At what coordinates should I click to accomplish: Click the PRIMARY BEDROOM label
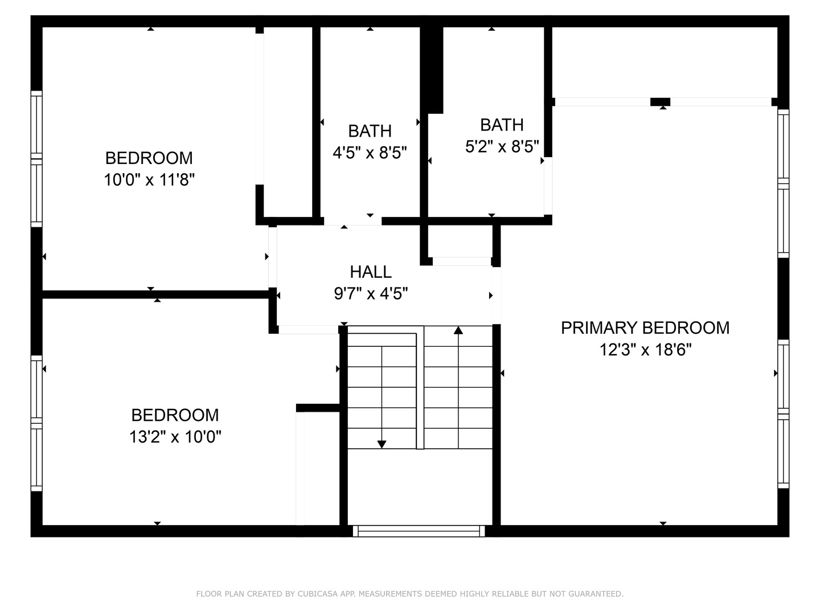645,328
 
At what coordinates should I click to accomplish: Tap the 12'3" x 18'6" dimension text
645,350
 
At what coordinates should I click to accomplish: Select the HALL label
371,272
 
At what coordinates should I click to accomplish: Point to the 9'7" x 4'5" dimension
371,294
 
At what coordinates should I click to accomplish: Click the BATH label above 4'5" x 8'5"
370,131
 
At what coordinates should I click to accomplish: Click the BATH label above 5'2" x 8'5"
502,125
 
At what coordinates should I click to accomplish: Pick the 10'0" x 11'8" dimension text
149,180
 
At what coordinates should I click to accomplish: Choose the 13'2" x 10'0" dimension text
175,437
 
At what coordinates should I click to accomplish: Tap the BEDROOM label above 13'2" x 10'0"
175,415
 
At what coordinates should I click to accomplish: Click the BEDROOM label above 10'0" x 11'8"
149,158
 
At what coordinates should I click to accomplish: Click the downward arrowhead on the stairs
382,444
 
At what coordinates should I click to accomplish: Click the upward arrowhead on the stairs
458,330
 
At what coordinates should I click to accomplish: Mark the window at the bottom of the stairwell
419,531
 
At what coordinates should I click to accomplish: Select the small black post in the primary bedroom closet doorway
660,102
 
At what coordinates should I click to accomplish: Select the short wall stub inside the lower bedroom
318,408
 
